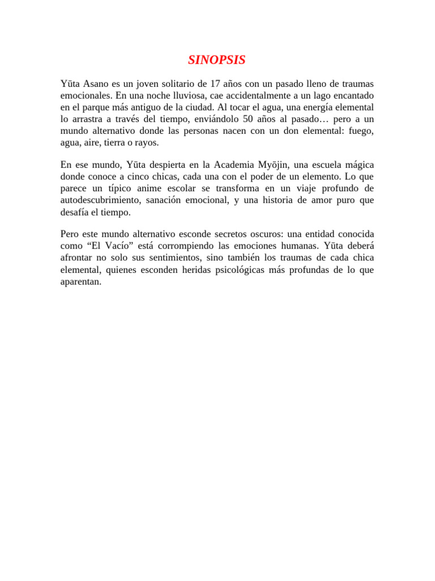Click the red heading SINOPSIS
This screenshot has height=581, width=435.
pos(217,60)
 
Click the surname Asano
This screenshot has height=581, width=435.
pos(96,84)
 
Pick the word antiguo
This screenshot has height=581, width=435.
pos(132,108)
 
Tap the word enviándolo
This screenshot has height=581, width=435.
pos(216,120)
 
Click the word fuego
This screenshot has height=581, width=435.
pos(361,132)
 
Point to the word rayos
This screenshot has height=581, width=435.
pos(146,144)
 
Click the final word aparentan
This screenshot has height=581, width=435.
pos(81,281)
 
